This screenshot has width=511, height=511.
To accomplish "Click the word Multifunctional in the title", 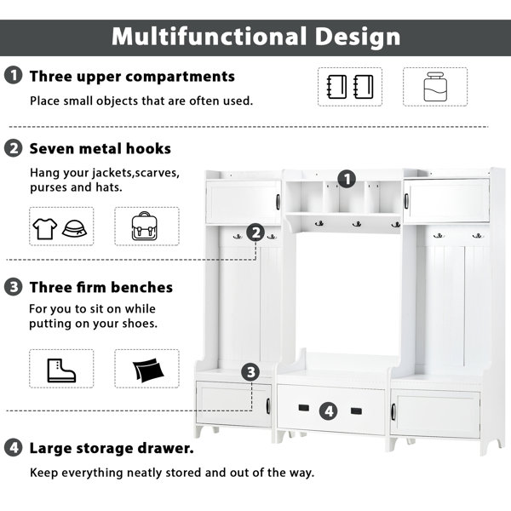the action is [209, 36].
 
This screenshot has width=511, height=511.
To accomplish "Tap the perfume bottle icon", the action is [435, 87].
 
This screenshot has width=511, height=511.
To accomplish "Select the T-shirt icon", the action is [45, 228].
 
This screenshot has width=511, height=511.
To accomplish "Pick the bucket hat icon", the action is [74, 228].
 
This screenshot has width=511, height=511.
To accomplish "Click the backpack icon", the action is [145, 226].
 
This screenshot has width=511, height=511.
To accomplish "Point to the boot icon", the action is [61, 370].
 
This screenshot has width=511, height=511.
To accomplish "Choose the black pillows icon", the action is [148, 370].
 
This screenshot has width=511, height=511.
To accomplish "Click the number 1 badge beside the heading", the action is [14, 75].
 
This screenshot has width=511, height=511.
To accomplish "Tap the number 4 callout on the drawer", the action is [329, 411].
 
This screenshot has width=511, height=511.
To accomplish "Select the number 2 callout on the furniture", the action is [255, 233].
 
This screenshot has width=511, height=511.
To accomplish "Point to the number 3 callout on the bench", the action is [250, 372].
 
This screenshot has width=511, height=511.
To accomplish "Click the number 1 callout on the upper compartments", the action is [347, 179].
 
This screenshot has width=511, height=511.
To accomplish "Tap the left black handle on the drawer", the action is [304, 408].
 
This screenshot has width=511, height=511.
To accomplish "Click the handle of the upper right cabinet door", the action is [406, 201].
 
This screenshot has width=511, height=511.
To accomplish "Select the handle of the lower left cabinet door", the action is [268, 406].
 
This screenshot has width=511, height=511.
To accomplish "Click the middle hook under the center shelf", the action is [357, 224].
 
